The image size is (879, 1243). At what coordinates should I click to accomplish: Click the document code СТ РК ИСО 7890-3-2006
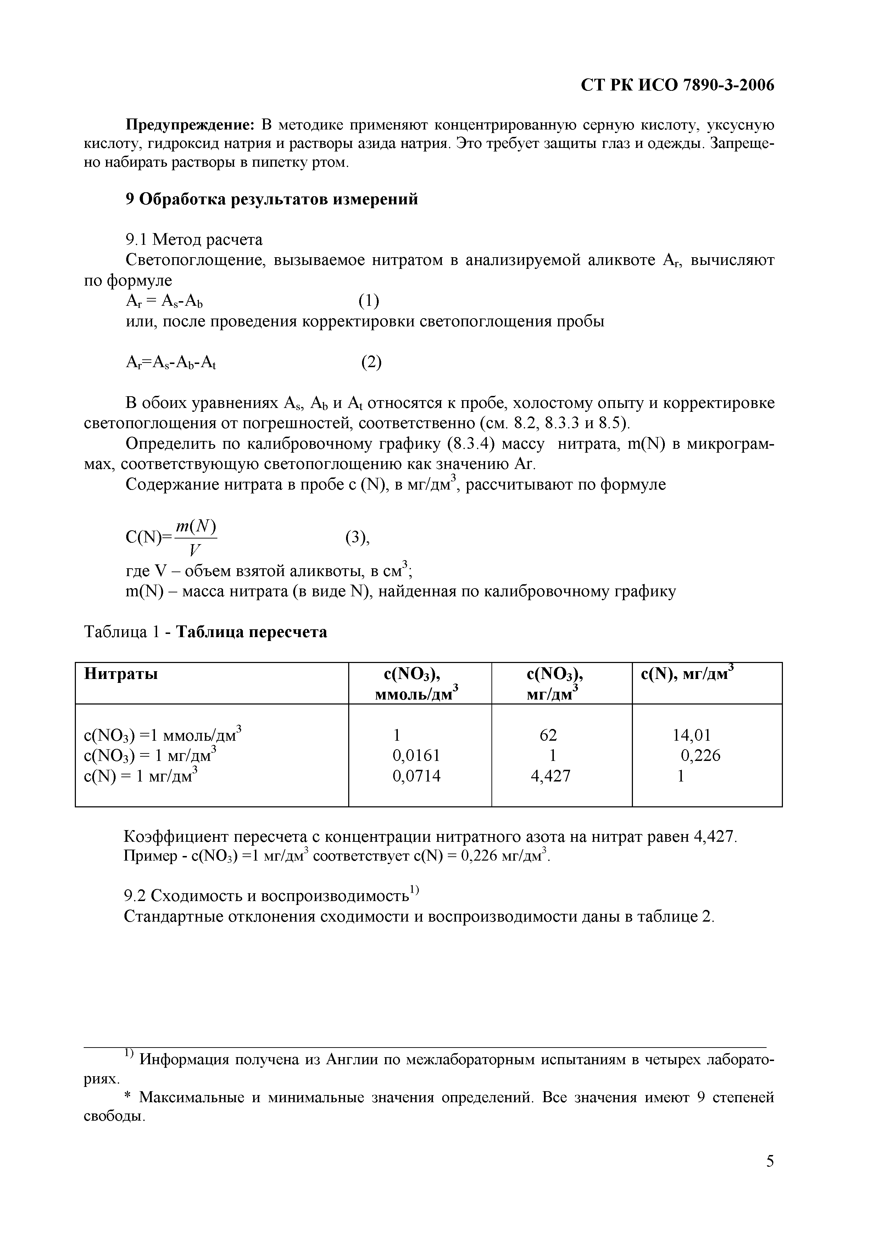[x=677, y=85]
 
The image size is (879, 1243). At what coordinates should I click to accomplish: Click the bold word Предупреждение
[x=190, y=125]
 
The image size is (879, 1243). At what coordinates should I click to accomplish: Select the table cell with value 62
[x=548, y=735]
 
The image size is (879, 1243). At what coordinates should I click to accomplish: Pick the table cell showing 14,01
[x=691, y=735]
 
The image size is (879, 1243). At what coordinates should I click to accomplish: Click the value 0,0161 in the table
[x=416, y=755]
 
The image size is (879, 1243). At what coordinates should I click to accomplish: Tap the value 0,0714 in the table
[x=416, y=776]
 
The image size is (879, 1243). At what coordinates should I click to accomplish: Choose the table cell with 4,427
[x=550, y=776]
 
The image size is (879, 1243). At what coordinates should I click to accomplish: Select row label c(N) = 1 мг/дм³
[x=141, y=776]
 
